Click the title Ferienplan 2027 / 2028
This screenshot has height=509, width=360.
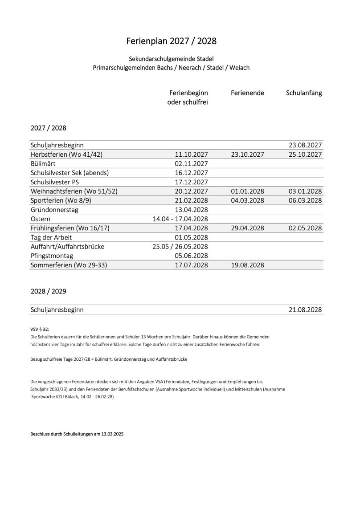(172, 41)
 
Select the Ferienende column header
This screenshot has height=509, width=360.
(248, 93)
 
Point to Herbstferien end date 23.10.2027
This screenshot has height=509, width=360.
(248, 155)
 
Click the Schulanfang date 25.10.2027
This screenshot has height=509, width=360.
(305, 155)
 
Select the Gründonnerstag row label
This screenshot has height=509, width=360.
(53, 209)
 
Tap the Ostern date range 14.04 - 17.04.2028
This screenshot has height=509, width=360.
(180, 219)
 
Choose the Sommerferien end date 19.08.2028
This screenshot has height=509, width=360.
(248, 265)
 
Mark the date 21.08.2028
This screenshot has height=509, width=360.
(305, 309)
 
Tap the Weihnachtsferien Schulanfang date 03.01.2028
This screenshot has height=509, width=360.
(305, 191)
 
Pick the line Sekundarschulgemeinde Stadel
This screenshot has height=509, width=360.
(172, 59)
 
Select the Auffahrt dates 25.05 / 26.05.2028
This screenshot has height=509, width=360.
(180, 246)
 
